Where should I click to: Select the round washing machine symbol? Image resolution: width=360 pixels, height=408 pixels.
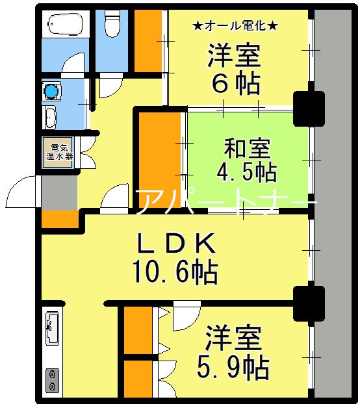pos(51,92)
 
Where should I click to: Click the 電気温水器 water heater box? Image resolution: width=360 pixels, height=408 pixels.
pos(59,151)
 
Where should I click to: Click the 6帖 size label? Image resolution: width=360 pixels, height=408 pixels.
pos(235,84)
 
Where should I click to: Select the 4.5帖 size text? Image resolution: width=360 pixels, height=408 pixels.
pos(246,173)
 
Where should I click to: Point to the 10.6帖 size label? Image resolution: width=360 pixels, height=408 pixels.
pos(175,272)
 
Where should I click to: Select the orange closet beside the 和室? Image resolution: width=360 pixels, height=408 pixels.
pos(159,159)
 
